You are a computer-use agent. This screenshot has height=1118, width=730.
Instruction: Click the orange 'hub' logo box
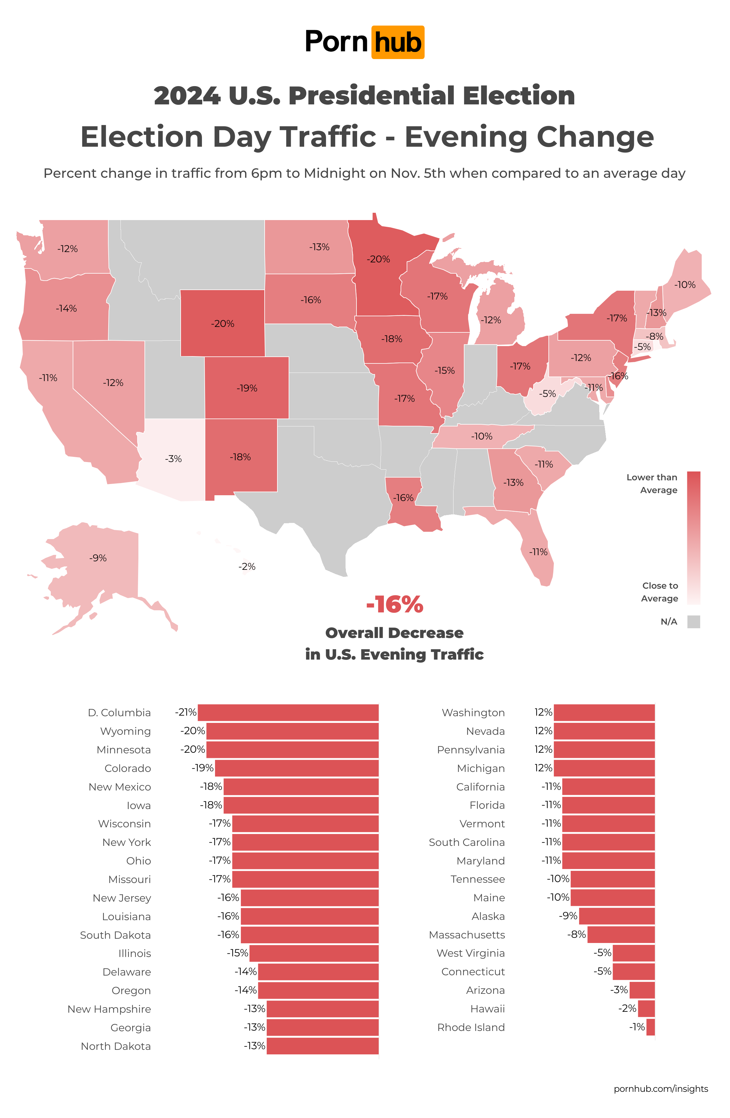397,42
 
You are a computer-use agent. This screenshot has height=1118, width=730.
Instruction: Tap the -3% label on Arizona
173,459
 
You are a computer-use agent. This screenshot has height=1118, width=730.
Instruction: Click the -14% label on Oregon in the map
66,309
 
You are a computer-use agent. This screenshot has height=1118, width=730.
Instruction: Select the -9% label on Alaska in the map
98,558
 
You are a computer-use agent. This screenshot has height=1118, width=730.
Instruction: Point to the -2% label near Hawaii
247,566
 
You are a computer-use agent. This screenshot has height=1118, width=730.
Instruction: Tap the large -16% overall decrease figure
394,605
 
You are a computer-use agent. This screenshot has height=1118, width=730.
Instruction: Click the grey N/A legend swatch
693,622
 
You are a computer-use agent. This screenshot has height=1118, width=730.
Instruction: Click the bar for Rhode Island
650,1027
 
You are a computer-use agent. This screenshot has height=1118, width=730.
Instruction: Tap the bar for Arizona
642,990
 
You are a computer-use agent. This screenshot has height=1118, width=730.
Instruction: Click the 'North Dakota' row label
116,1046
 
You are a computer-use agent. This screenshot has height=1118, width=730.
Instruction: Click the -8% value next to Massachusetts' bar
576,934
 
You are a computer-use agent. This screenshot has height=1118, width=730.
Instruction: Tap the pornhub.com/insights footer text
661,1089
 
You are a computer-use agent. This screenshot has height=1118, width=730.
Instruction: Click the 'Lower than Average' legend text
652,483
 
